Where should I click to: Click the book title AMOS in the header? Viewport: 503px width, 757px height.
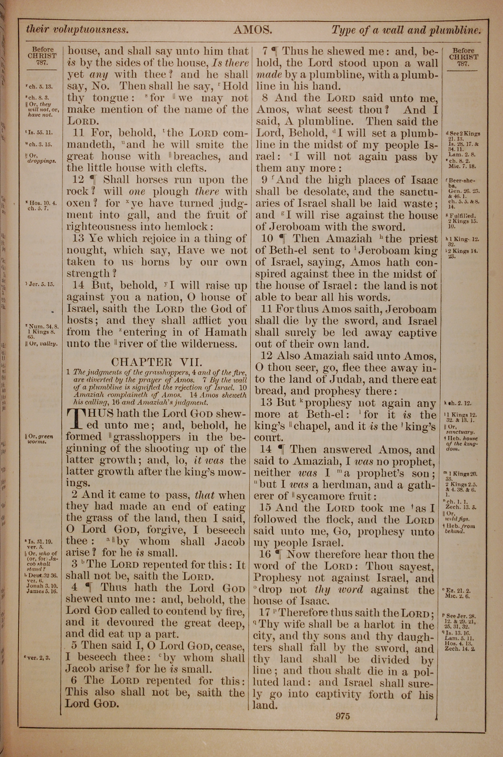(253, 30)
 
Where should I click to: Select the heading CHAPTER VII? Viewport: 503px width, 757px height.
(156, 362)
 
